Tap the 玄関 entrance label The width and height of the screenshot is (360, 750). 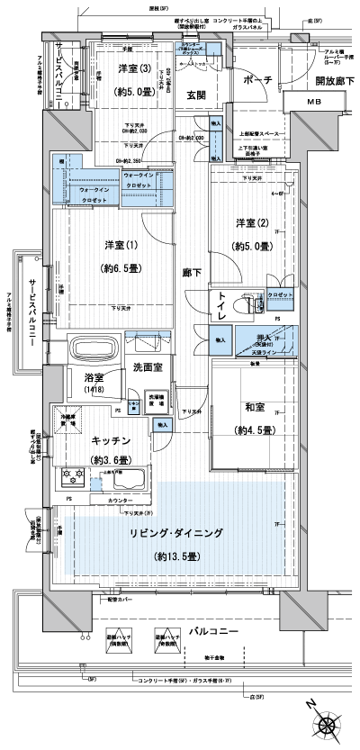pos(198,95)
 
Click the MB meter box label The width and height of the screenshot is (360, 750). pos(312,103)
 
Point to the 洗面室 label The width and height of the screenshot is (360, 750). pos(148,367)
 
